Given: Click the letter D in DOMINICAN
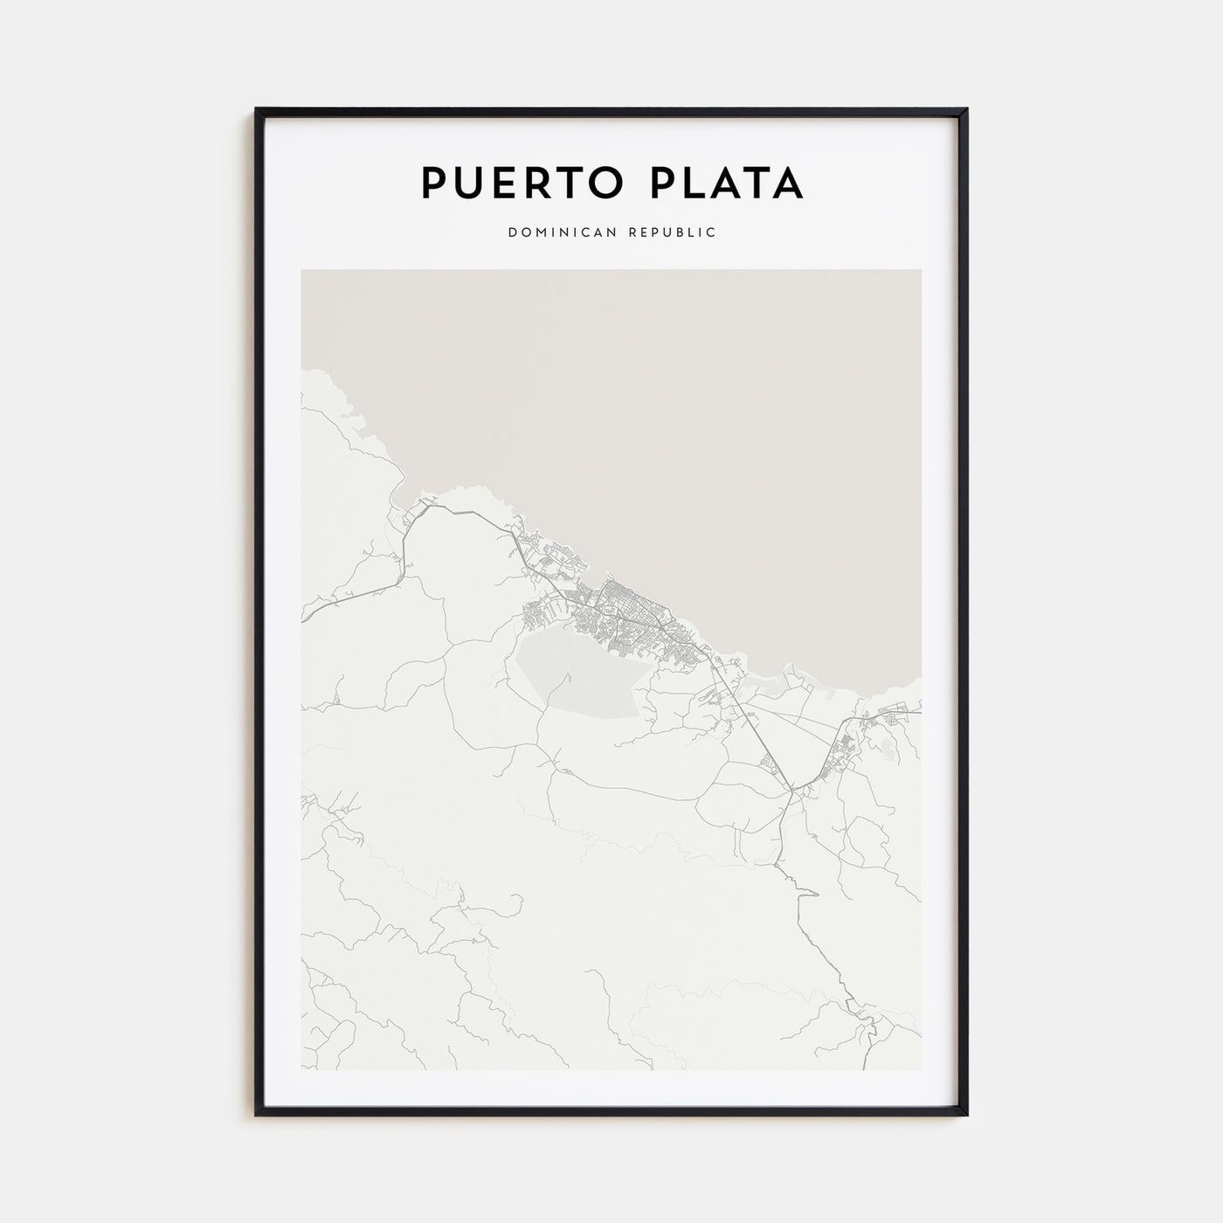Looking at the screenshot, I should coord(510,232).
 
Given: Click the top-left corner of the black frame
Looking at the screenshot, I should coord(257,109).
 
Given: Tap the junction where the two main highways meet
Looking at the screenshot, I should coord(791,791).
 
